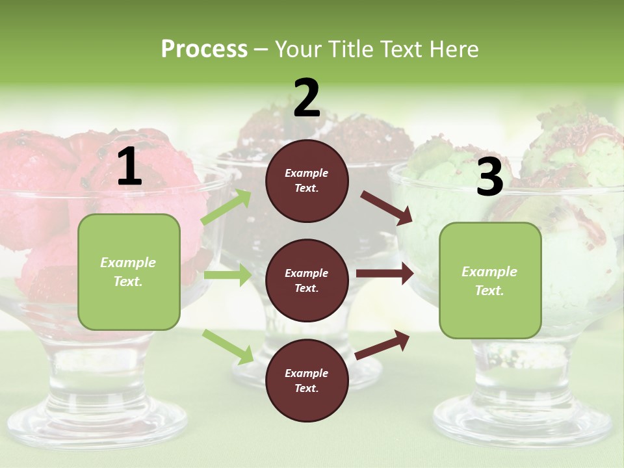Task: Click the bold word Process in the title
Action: pyautogui.click(x=204, y=49)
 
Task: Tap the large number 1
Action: pyautogui.click(x=129, y=167)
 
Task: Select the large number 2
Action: pyautogui.click(x=307, y=98)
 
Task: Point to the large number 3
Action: pyautogui.click(x=489, y=178)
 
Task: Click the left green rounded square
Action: pyautogui.click(x=129, y=272)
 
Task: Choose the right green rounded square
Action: pyautogui.click(x=490, y=281)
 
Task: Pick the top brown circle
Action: pyautogui.click(x=307, y=181)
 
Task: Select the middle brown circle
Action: pyautogui.click(x=307, y=281)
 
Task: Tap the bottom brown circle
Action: pyautogui.click(x=307, y=381)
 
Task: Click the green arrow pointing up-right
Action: pyautogui.click(x=226, y=207)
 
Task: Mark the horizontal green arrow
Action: pyautogui.click(x=227, y=275)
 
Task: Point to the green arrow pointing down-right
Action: pyautogui.click(x=228, y=346)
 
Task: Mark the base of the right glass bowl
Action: pyautogui.click(x=520, y=416)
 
